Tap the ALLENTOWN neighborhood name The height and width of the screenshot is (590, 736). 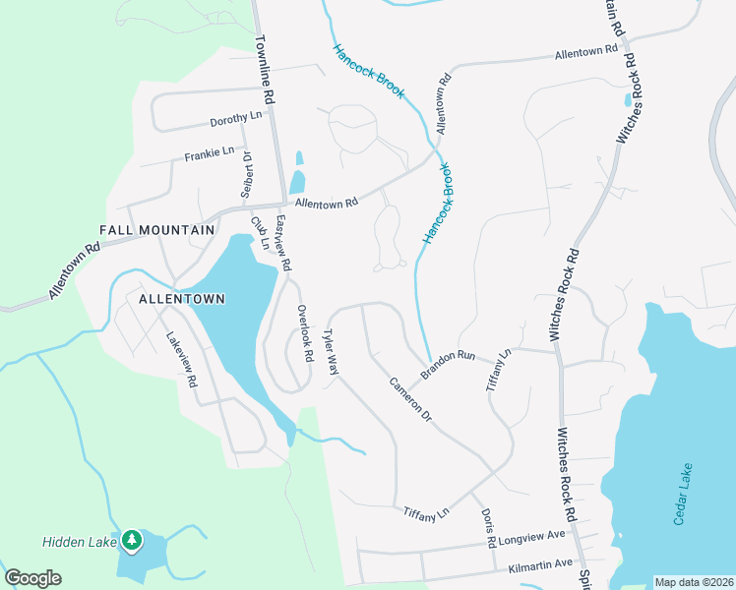tap(182, 298)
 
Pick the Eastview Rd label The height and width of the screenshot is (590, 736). tap(283, 244)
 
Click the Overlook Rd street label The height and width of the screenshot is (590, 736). tap(304, 332)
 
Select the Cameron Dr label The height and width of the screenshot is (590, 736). tap(410, 399)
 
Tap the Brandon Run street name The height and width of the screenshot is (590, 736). tap(448, 364)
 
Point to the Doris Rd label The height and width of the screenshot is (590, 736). tap(489, 528)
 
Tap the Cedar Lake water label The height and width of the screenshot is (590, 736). tap(683, 494)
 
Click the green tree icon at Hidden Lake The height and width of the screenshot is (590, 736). tap(131, 540)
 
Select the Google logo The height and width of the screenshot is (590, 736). tap(32, 577)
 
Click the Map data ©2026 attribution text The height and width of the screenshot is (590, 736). tap(694, 582)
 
